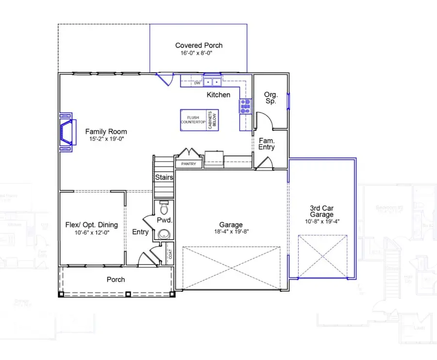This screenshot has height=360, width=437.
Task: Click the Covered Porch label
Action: [x=199, y=45]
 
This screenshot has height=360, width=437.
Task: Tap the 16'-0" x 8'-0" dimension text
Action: [x=199, y=53]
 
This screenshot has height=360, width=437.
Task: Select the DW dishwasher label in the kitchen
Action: [x=197, y=83]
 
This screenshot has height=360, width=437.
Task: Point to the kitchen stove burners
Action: [x=244, y=106]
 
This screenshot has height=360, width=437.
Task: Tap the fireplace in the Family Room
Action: [x=67, y=132]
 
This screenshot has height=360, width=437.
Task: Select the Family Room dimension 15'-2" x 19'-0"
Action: [x=106, y=139]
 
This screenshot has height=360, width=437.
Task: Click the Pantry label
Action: [x=188, y=164]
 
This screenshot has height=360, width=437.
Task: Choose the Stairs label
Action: [x=164, y=178]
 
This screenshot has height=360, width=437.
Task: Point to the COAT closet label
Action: [x=170, y=254]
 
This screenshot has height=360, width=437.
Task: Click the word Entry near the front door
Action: [x=140, y=232]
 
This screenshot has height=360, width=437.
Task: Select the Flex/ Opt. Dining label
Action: [x=91, y=225]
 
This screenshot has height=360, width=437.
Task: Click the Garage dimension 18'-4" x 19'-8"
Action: [x=231, y=232]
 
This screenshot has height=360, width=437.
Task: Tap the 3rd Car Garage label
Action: [x=322, y=211]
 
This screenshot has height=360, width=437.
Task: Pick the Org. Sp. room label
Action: [x=270, y=98]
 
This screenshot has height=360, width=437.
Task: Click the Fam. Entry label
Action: [x=267, y=143]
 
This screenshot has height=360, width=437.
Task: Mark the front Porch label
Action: [x=116, y=279]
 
